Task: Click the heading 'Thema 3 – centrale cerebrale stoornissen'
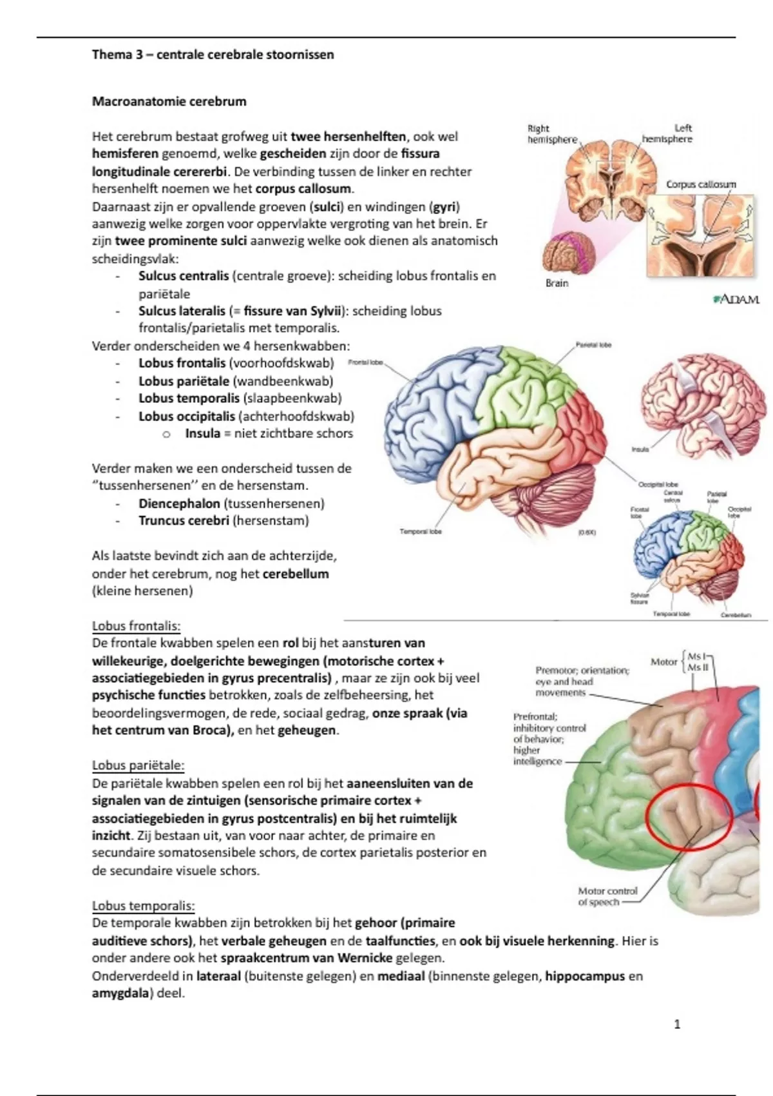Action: tap(213, 55)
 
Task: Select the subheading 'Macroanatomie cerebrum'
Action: tap(169, 101)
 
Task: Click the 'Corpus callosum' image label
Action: tap(701, 184)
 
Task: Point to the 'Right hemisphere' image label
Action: tap(552, 134)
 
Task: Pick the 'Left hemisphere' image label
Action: tap(668, 133)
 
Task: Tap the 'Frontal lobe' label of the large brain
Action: tap(365, 362)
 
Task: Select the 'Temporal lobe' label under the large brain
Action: tap(421, 532)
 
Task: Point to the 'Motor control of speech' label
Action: tap(607, 896)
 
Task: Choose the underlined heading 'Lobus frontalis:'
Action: tap(136, 625)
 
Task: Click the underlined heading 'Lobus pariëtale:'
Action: tap(138, 766)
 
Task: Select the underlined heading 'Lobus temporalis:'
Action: tap(143, 906)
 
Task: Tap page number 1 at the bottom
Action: tap(676, 1024)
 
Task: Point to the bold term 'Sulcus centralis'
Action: tap(184, 276)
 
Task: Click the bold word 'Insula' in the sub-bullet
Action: tap(203, 433)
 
